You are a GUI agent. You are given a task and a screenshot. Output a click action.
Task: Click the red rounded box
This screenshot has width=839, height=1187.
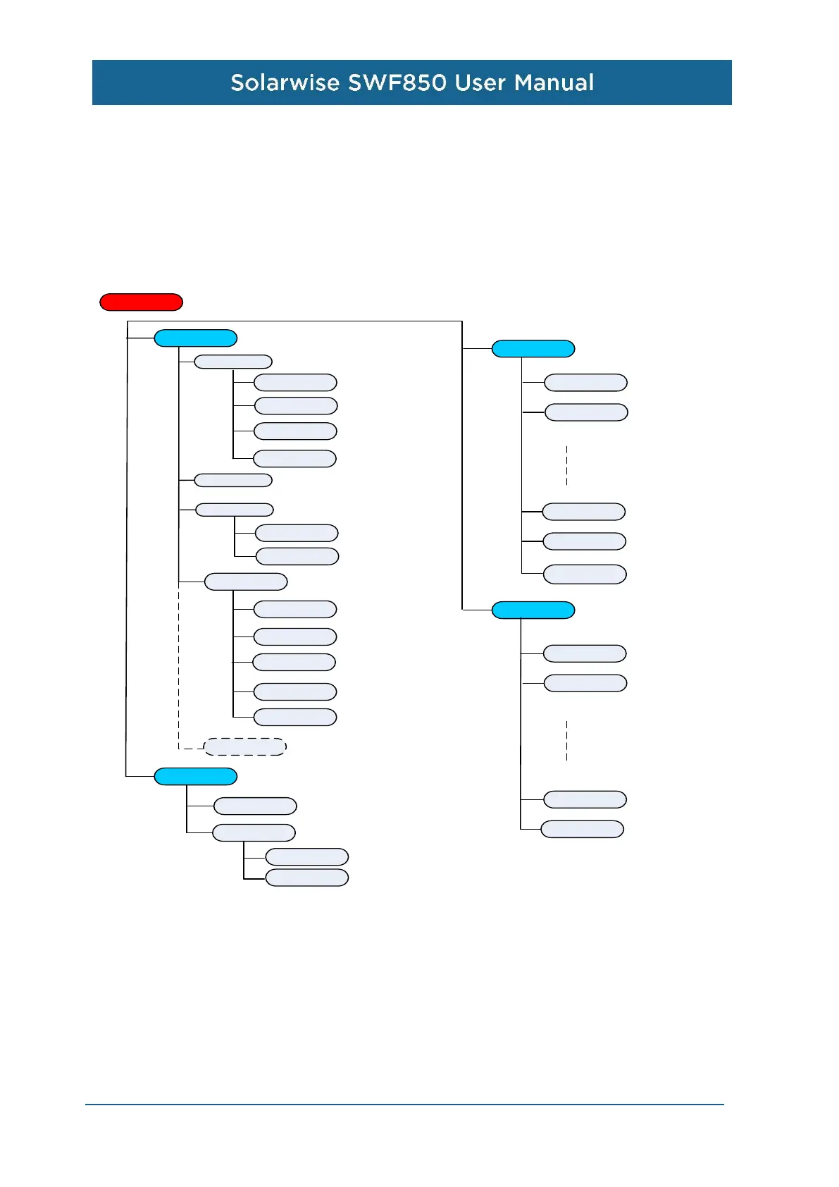pyautogui.click(x=141, y=302)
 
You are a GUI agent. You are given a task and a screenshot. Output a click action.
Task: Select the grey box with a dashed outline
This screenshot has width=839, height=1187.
pyautogui.click(x=244, y=746)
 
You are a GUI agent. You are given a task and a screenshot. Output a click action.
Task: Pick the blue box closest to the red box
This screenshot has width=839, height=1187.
pyautogui.click(x=195, y=338)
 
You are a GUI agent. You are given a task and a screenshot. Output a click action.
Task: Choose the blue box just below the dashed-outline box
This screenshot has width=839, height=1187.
pyautogui.click(x=195, y=776)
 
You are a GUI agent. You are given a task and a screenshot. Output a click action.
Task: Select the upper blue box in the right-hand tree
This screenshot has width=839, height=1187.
pyautogui.click(x=533, y=349)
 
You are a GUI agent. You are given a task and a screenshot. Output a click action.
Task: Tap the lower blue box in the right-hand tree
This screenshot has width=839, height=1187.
pyautogui.click(x=533, y=610)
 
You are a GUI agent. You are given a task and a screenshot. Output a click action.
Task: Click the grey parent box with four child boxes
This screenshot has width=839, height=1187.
pyautogui.click(x=232, y=362)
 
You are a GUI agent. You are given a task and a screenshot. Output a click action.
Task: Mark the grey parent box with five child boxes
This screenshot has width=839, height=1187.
pyautogui.click(x=245, y=582)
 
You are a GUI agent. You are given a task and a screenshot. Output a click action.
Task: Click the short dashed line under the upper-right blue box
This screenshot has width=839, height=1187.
pyautogui.click(x=566, y=465)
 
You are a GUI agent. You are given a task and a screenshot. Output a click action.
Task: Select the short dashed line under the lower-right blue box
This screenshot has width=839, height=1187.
pyautogui.click(x=566, y=740)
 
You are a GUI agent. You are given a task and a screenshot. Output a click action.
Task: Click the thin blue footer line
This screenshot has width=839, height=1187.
pyautogui.click(x=404, y=1105)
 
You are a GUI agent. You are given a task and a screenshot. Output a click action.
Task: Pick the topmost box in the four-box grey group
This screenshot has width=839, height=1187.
pyautogui.click(x=294, y=383)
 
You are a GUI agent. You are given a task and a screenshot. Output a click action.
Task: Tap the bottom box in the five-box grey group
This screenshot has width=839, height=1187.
pyautogui.click(x=294, y=718)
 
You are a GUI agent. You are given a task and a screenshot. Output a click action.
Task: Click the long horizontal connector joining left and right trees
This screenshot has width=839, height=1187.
pyautogui.click(x=294, y=321)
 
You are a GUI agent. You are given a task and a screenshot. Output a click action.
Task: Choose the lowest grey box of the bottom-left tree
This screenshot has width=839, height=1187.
pyautogui.click(x=306, y=878)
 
